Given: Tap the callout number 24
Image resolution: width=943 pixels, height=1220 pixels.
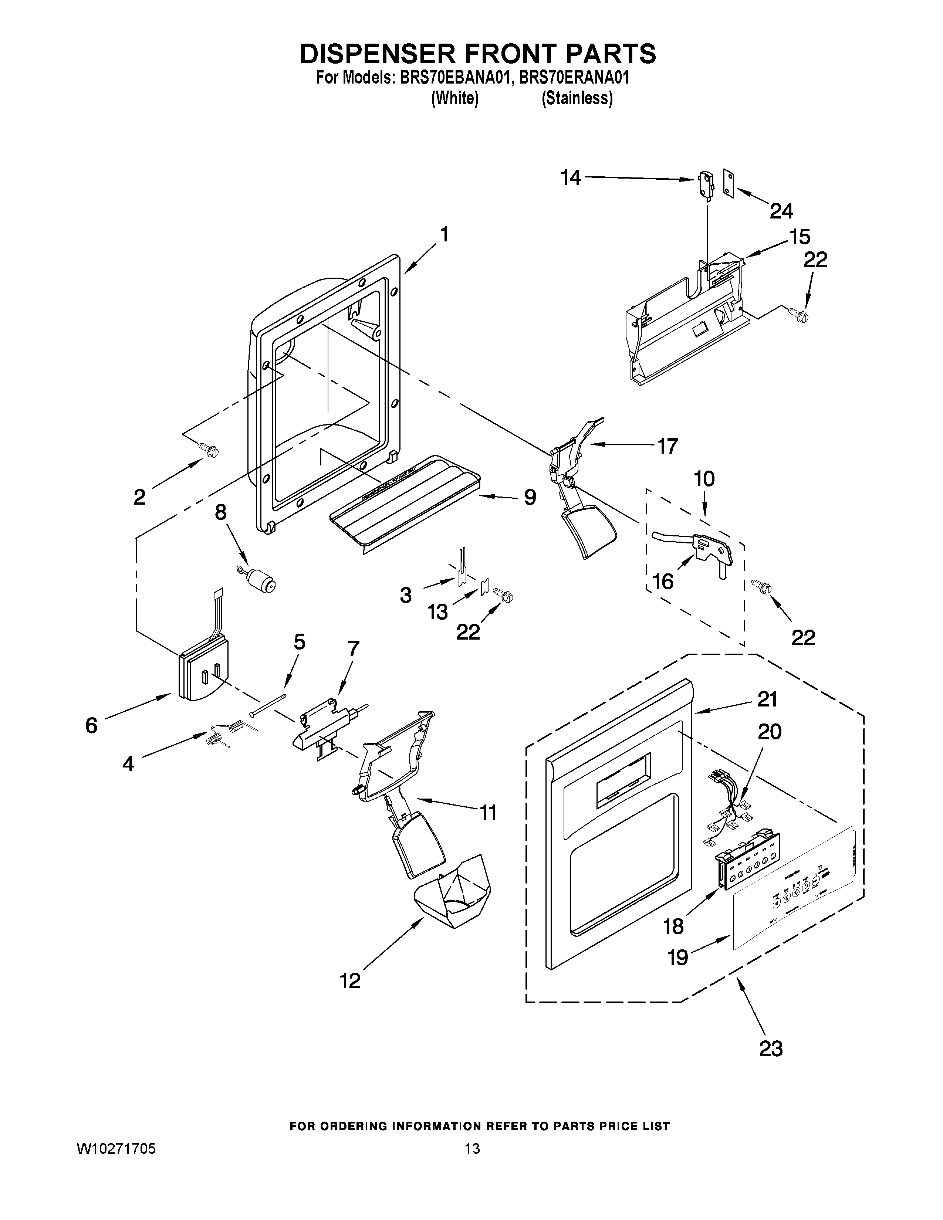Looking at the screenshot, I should coord(781,211).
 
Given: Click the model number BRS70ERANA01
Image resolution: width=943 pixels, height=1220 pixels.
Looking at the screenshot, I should coord(574,78).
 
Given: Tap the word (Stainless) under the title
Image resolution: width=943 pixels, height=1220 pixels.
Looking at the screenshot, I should coord(577,98).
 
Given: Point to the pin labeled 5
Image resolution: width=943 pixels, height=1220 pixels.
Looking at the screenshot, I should coord(268,704).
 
